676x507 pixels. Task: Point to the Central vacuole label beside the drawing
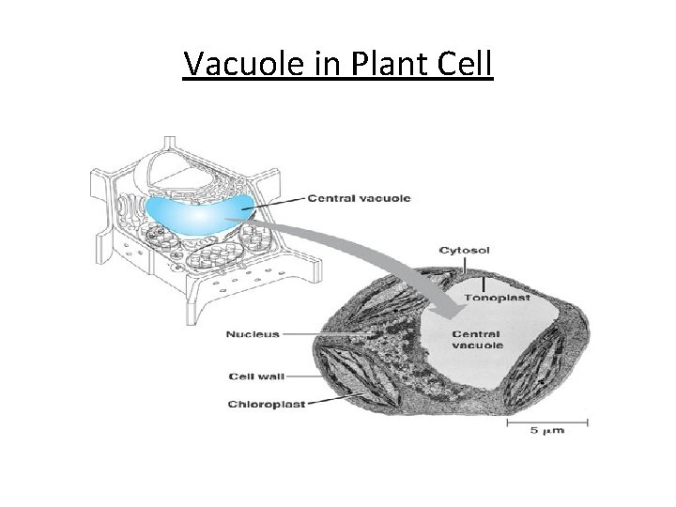(x=360, y=198)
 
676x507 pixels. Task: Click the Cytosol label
(x=465, y=251)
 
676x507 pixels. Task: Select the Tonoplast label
(x=497, y=299)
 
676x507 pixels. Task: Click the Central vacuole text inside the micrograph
(x=479, y=339)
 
